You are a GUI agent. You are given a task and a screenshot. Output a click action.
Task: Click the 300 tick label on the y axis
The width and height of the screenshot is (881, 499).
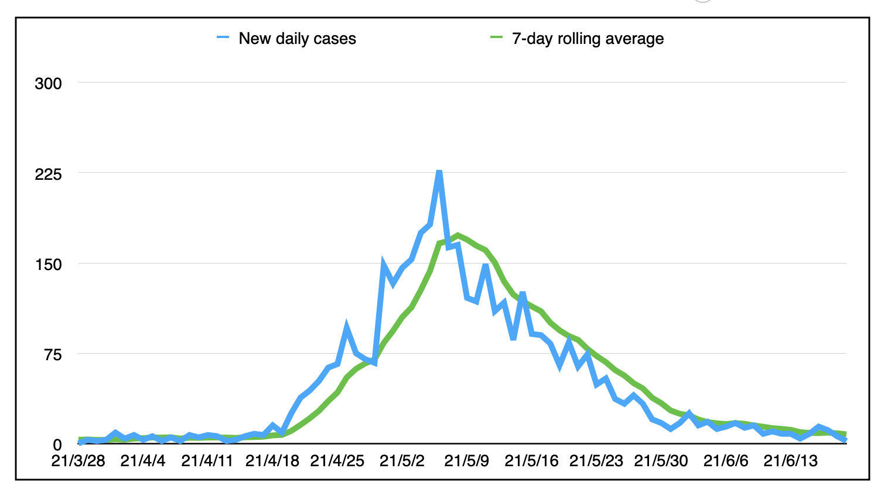[49, 84]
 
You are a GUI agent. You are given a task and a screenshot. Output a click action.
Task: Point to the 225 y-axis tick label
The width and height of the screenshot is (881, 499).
[49, 174]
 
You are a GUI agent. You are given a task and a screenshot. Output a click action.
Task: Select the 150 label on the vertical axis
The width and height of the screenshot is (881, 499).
[49, 265]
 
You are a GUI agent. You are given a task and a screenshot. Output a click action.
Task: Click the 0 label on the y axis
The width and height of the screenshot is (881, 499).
[57, 445]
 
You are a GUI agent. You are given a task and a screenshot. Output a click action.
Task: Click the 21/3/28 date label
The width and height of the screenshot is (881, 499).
[78, 461]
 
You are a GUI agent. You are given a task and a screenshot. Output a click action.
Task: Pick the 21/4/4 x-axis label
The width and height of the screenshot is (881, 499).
[143, 461]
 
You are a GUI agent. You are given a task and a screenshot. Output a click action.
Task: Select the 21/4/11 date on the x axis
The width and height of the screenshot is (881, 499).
[207, 461]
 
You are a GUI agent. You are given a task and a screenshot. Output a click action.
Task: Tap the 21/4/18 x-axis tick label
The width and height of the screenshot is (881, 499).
[272, 461]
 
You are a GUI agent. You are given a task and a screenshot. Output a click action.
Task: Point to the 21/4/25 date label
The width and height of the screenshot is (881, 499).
[337, 461]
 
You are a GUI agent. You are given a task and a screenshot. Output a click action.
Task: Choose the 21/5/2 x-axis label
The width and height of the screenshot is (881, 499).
[402, 461]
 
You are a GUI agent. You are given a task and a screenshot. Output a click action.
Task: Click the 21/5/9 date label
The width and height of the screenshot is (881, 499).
[466, 461]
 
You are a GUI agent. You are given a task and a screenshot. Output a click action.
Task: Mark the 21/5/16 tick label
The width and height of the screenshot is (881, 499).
[531, 461]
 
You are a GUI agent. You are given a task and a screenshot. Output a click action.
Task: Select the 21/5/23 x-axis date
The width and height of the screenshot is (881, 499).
[596, 461]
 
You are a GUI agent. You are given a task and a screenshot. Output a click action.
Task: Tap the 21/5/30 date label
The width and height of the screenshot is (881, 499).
[661, 461]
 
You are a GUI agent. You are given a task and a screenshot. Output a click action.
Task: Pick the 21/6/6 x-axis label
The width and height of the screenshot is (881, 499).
[726, 461]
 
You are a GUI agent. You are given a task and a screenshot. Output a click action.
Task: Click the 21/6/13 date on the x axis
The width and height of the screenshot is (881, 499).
[791, 461]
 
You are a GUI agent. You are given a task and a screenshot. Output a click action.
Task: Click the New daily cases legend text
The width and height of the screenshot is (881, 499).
[298, 39]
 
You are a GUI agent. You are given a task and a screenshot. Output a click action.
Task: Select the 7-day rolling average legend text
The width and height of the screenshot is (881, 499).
[588, 39]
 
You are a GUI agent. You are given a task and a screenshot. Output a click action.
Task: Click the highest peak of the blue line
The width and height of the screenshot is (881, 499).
[439, 172]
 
